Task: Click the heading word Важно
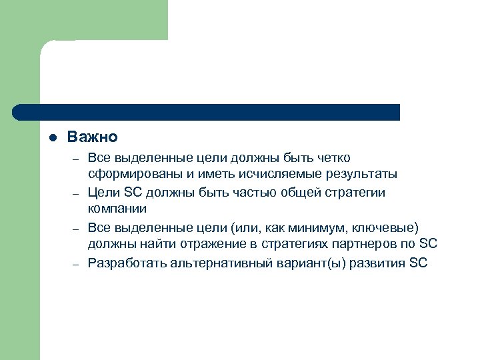[x=92, y=137]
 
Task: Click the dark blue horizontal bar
[x=207, y=112]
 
